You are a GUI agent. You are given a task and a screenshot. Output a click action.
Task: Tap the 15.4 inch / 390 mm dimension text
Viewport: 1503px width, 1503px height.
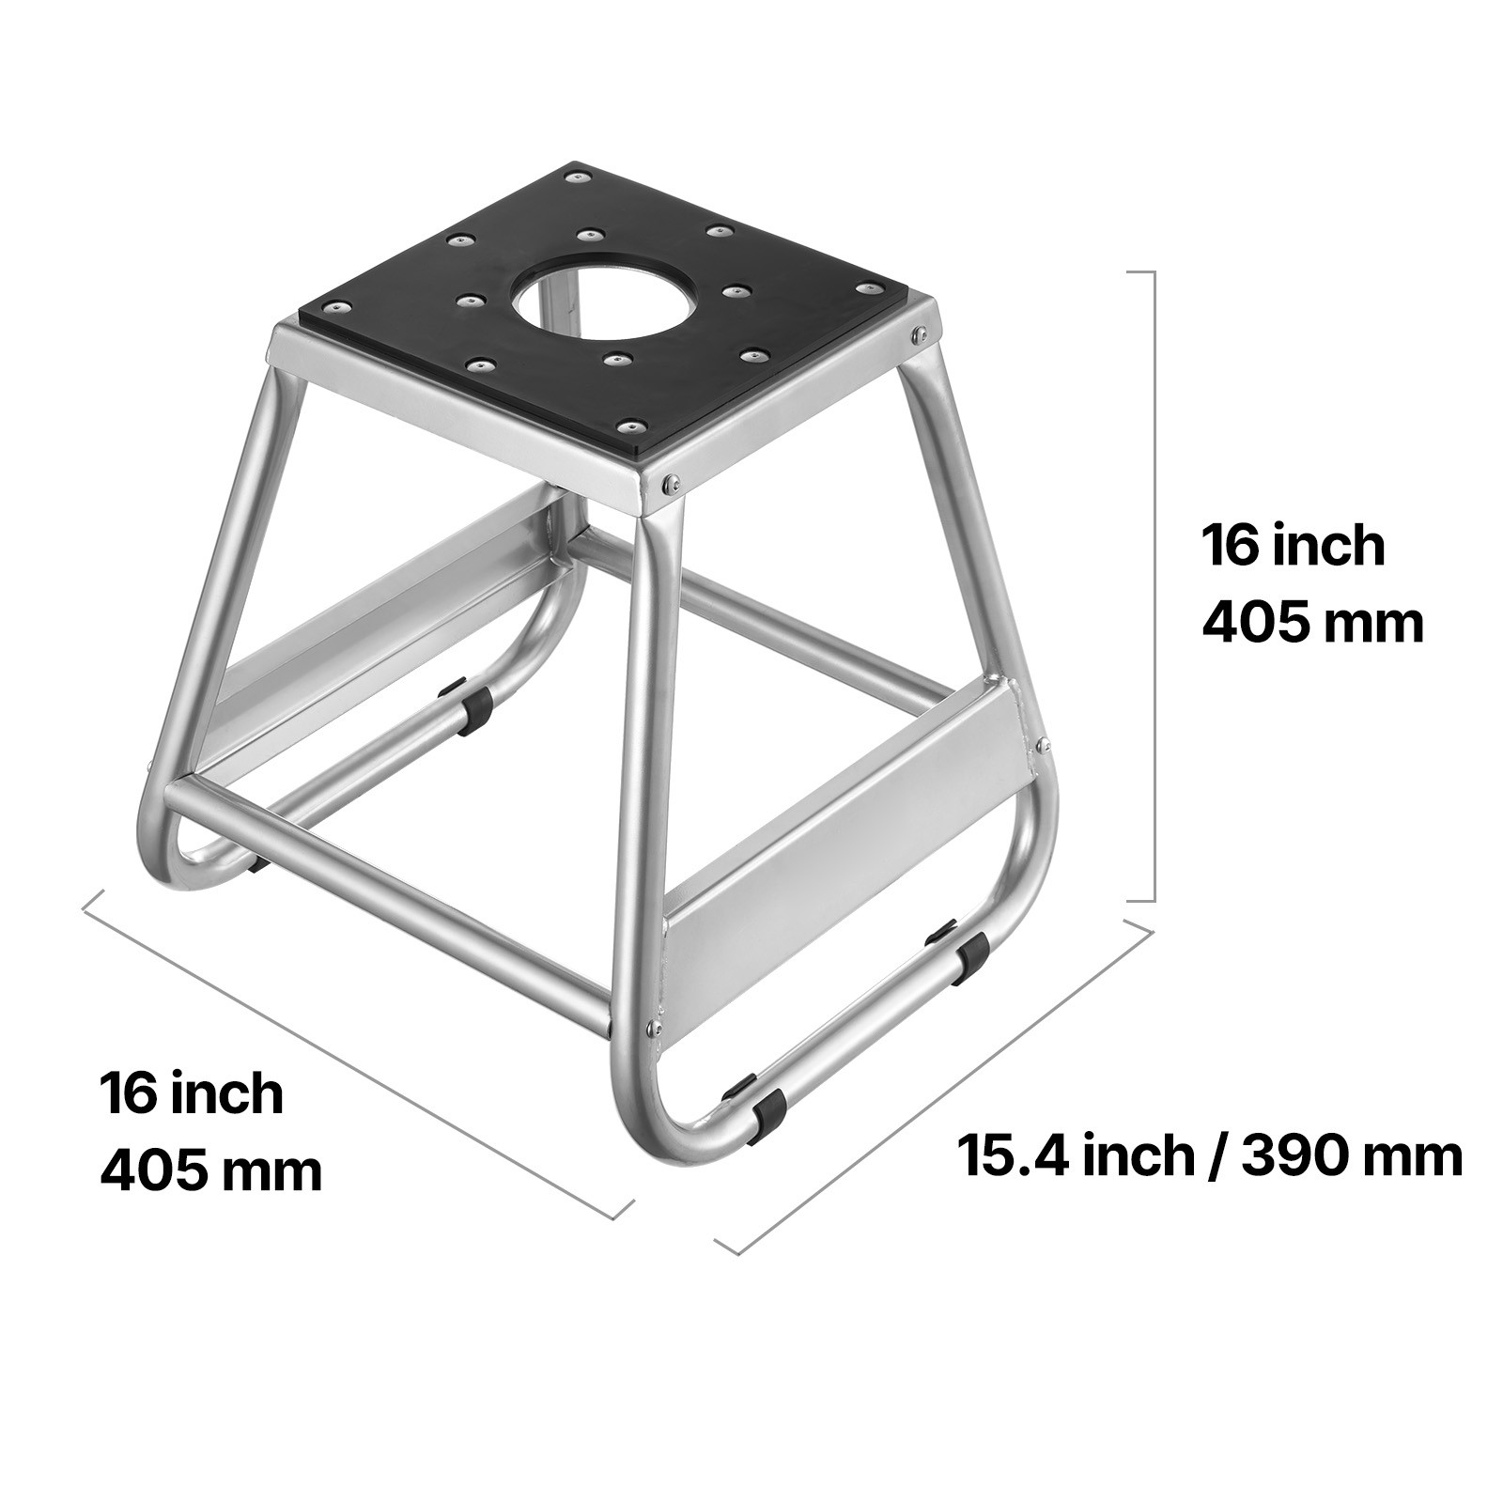tap(1210, 1154)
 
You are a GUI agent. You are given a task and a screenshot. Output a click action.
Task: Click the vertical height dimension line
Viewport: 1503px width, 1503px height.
tap(1153, 585)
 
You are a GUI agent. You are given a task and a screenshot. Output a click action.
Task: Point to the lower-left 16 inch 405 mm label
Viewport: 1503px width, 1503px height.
tap(210, 1132)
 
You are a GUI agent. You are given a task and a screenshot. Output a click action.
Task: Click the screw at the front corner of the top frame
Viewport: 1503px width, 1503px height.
tap(669, 484)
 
